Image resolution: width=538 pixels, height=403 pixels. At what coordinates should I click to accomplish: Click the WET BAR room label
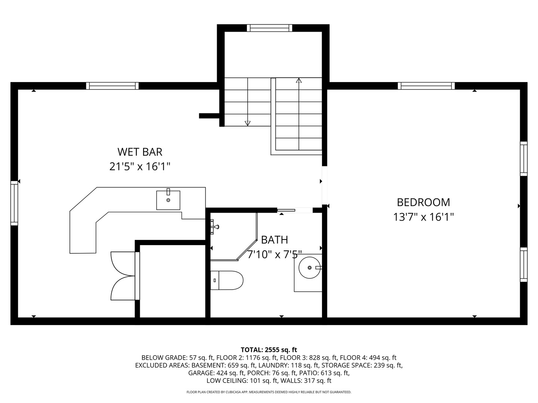tap(140, 152)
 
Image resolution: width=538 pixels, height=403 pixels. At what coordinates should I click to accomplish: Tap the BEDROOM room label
tap(423, 202)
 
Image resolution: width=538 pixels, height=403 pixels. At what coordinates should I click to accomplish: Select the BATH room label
tap(274, 240)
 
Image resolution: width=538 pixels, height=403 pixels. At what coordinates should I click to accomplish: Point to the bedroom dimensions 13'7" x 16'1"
tap(423, 217)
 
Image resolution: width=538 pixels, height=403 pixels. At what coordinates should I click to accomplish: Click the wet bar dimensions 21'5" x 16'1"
tap(140, 166)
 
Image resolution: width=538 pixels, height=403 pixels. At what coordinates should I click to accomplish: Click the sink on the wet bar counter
tap(168, 200)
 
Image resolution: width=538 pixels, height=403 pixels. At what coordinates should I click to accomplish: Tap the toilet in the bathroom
tap(227, 280)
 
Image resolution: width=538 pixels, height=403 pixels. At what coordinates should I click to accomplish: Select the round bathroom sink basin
tap(310, 268)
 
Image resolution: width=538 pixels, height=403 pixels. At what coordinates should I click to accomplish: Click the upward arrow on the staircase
tap(299, 80)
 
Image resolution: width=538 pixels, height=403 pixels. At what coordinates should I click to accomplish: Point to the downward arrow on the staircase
tap(247, 123)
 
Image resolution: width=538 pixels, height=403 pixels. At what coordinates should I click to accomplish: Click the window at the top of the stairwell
tap(269, 28)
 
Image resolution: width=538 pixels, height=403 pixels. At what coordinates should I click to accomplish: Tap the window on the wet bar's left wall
tap(14, 203)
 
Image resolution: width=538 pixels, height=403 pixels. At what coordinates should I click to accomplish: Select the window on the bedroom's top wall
tap(426, 86)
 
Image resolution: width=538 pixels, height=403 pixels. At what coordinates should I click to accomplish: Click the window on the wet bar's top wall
tap(112, 86)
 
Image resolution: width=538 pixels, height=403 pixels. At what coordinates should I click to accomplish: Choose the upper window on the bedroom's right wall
tap(524, 159)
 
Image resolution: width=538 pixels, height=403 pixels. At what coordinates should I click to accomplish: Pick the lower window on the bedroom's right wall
tap(524, 265)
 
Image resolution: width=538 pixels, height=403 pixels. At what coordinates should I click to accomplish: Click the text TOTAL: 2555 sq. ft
tap(269, 350)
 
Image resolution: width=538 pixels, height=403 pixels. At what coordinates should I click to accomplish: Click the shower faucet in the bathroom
tap(214, 226)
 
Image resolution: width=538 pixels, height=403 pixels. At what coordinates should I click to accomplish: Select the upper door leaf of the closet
tap(123, 264)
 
